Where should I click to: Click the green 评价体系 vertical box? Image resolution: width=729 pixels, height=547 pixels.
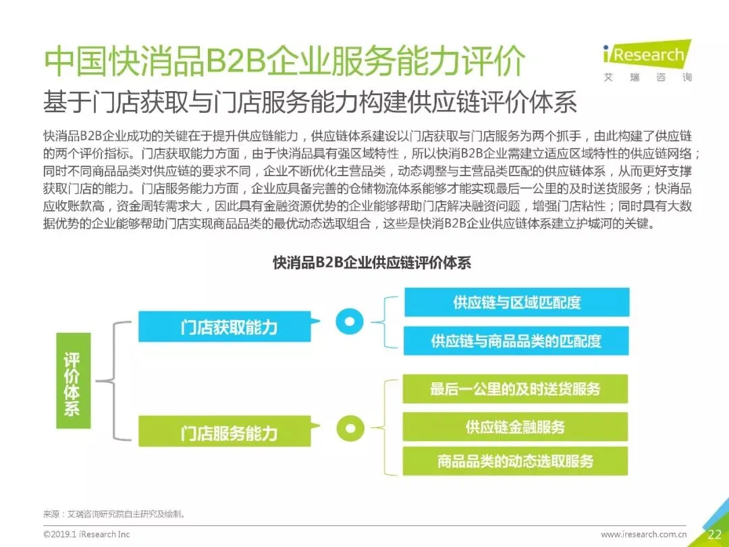click(x=72, y=384)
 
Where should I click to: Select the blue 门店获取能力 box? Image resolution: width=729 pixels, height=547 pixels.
click(x=229, y=328)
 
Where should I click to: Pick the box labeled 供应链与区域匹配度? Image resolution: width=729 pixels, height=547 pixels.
click(x=516, y=302)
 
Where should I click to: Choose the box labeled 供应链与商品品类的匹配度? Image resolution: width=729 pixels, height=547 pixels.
click(x=516, y=340)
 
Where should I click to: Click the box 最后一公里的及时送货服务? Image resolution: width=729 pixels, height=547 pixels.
click(x=515, y=389)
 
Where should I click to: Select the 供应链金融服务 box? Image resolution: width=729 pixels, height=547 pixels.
click(x=515, y=427)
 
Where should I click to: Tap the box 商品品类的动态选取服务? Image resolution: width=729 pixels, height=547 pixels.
click(x=515, y=461)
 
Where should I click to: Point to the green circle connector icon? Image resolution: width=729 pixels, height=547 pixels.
click(x=349, y=427)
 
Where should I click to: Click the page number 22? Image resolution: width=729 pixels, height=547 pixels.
click(x=714, y=534)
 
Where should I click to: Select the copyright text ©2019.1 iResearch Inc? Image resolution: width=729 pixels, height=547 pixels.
click(x=86, y=534)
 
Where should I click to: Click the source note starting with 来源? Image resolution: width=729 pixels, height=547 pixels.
click(x=114, y=514)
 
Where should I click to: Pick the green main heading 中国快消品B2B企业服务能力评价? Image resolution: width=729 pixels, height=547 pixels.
click(x=284, y=63)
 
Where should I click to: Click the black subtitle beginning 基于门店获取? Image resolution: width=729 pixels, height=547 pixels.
click(x=310, y=103)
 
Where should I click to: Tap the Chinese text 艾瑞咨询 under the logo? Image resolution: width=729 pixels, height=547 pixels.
click(x=648, y=78)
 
